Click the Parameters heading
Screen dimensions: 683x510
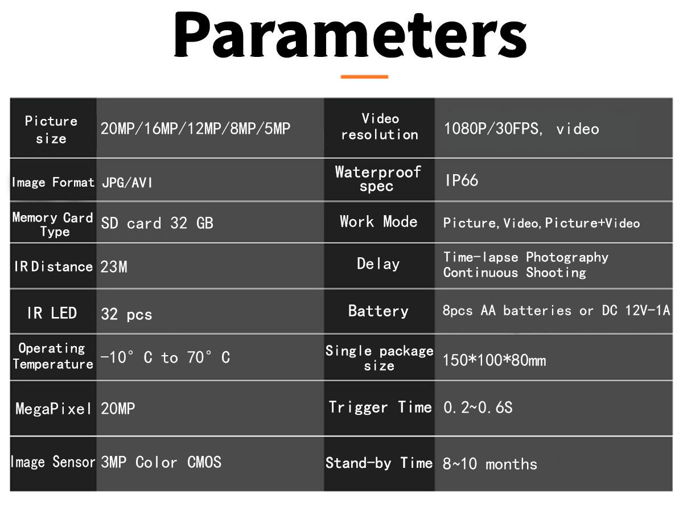click(349, 35)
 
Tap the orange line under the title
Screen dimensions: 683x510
click(364, 76)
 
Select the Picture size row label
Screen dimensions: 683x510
click(51, 130)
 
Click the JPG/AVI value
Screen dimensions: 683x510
click(127, 182)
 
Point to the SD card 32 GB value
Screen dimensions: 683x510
click(157, 223)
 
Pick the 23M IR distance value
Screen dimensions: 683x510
click(114, 267)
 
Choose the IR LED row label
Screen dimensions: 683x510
click(52, 312)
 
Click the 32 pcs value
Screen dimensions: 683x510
click(126, 314)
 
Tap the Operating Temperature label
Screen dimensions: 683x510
click(52, 356)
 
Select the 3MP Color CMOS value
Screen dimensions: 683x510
click(161, 462)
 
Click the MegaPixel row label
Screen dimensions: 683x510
click(53, 409)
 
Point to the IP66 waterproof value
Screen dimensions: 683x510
click(461, 180)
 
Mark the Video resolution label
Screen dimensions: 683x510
click(380, 126)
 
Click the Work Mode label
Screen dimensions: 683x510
click(378, 221)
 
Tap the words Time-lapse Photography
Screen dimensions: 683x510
click(525, 257)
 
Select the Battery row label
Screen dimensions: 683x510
click(378, 311)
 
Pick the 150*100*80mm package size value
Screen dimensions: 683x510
click(494, 360)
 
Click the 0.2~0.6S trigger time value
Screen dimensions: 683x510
click(478, 408)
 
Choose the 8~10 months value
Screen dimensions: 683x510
click(490, 464)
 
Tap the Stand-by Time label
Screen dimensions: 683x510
click(379, 463)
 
